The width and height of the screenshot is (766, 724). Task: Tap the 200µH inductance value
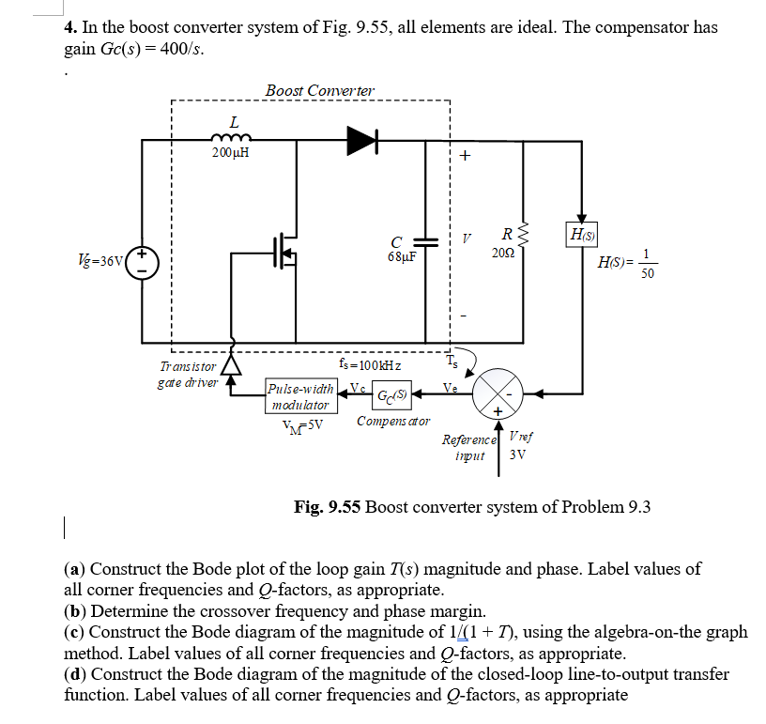[230, 153]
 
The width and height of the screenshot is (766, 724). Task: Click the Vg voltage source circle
[143, 260]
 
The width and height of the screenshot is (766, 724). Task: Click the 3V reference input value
[516, 455]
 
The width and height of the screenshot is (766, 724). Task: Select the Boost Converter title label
[319, 90]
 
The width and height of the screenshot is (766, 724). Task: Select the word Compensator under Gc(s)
[393, 421]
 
